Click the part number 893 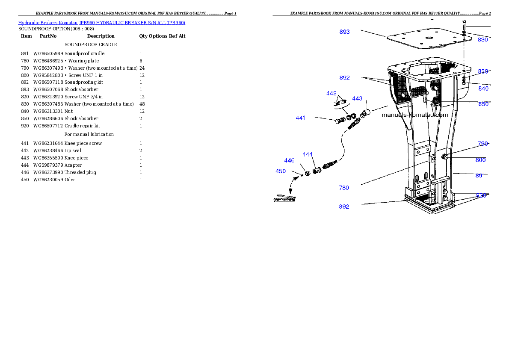click(x=344, y=32)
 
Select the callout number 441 click(x=301, y=118)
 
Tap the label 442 click(x=331, y=93)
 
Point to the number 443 click(x=357, y=99)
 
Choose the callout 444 click(x=308, y=154)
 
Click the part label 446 click(x=290, y=160)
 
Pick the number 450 click(x=281, y=171)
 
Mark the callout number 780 click(x=344, y=188)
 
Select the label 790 click(x=483, y=144)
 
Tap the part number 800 click(x=481, y=160)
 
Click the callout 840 click(x=483, y=89)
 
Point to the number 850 click(x=483, y=104)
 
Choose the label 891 click(x=481, y=175)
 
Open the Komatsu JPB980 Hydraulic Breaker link click(x=101, y=23)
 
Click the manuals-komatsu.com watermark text click(x=414, y=115)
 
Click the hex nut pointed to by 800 click(x=445, y=157)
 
